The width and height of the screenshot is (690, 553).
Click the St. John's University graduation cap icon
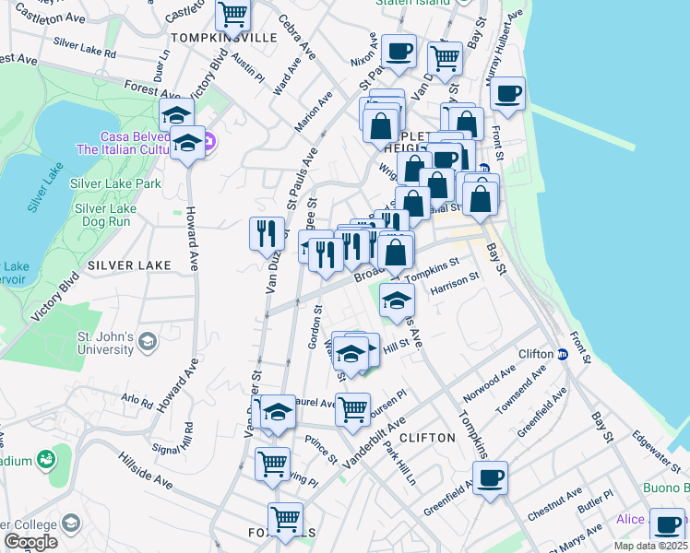pos(146,343)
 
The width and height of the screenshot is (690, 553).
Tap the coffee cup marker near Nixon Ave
pos(398,52)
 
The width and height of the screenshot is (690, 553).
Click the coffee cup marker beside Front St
pos(506,92)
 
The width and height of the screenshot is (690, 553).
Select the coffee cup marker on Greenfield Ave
pos(490,477)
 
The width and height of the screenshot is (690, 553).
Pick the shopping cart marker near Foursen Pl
pos(351,408)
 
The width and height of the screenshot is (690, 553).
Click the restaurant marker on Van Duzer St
pos(267,233)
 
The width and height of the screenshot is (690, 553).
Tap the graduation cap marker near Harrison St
pos(397,300)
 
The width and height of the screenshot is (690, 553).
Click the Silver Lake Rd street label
pos(84,47)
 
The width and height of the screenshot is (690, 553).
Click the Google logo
pos(30,541)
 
